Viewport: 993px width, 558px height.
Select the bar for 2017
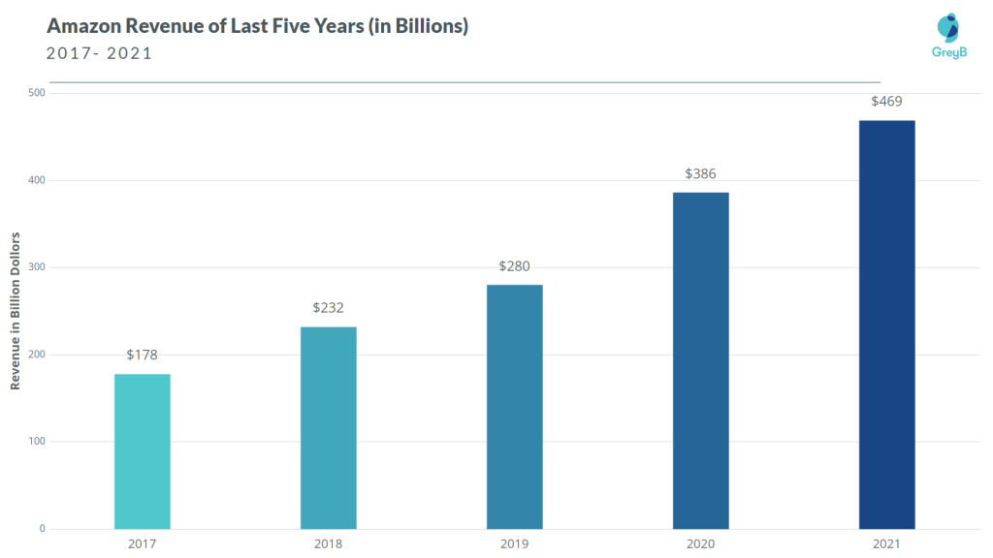click(x=142, y=451)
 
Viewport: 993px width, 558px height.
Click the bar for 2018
click(x=328, y=427)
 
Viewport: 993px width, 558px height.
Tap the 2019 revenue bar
click(x=514, y=407)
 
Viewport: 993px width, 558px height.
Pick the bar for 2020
click(x=700, y=360)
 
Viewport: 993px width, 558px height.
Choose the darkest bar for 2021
click(x=886, y=325)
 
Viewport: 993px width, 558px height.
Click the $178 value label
click(x=142, y=355)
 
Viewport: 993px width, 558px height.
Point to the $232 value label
click(x=328, y=307)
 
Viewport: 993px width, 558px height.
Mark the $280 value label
click(x=514, y=265)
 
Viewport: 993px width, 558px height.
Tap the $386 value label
click(x=700, y=173)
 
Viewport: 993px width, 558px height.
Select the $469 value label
click(x=886, y=101)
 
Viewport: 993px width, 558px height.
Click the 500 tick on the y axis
click(x=36, y=93)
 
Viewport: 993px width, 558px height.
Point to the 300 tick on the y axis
click(x=36, y=267)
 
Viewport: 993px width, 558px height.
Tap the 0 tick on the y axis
click(x=42, y=529)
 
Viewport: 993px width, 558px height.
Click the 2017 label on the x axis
click(x=142, y=543)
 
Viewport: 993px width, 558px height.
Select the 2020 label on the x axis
click(x=700, y=543)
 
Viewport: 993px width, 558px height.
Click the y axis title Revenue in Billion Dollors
click(x=16, y=311)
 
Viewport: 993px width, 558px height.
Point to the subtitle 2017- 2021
click(x=99, y=53)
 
